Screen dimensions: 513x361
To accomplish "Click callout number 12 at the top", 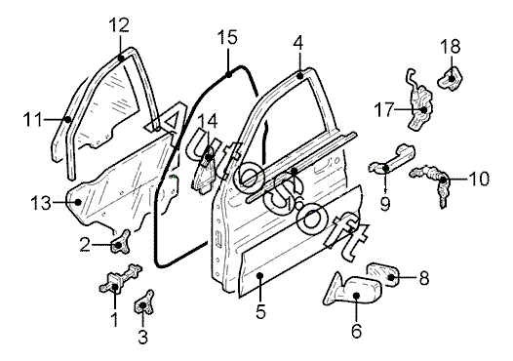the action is (119, 25).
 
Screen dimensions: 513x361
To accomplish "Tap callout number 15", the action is (227, 37).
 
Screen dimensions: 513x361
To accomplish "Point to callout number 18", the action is (451, 46).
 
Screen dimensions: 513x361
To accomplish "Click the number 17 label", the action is (384, 109).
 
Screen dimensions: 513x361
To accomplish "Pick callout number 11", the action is (33, 119).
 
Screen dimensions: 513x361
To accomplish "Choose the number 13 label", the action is (41, 203).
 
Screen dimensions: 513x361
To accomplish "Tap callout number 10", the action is (479, 179).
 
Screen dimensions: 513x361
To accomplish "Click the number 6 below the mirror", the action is (356, 331).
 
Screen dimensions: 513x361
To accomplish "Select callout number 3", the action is (142, 337).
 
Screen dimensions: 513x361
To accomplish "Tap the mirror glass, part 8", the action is (382, 273).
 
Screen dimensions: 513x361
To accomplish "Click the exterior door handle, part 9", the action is (391, 159).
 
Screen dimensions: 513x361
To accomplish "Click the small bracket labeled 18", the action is (451, 78).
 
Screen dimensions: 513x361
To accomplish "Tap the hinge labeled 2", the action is (120, 242).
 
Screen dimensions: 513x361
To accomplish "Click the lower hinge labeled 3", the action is (144, 302).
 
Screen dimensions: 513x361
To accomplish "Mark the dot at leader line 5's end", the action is (260, 275).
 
